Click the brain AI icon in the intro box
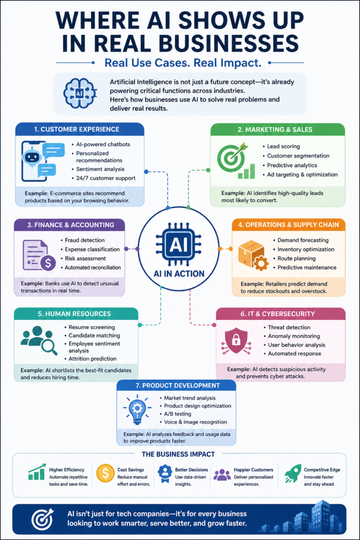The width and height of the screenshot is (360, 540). [80, 93]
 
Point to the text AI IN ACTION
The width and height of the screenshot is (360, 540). [179, 274]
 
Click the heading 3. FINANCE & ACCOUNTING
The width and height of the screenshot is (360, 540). [71, 225]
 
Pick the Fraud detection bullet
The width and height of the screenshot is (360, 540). [85, 240]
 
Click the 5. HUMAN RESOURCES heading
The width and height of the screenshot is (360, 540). [74, 314]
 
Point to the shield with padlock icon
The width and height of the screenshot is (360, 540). [236, 341]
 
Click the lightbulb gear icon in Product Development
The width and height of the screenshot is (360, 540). [137, 410]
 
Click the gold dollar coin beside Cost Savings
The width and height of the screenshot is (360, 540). [105, 473]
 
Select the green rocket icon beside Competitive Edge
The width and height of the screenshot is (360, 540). [293, 473]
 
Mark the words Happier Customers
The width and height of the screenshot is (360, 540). [254, 470]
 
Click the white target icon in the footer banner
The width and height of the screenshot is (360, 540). [42, 519]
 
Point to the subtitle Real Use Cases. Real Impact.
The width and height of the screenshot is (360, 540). [183, 63]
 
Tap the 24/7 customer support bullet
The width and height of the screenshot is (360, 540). [105, 178]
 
